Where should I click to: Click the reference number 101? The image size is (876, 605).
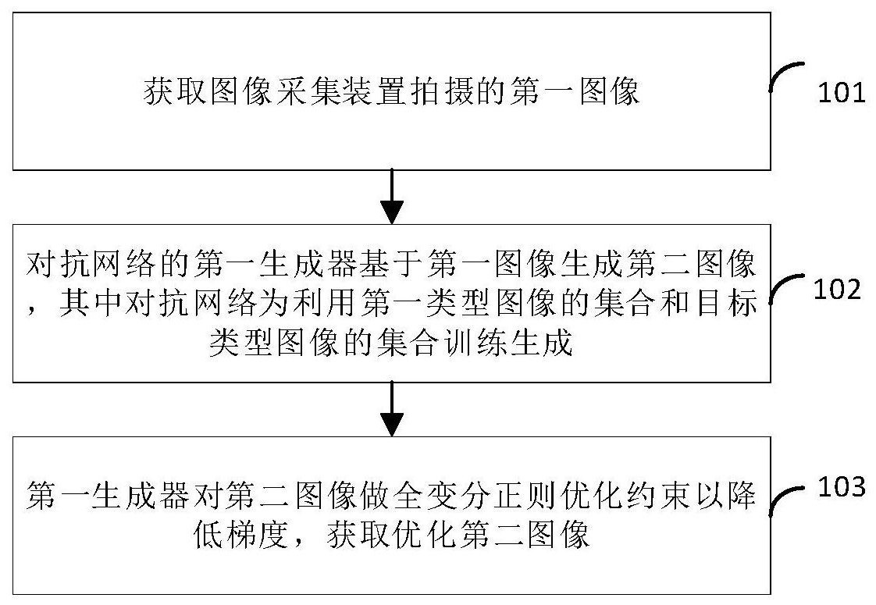tap(842, 92)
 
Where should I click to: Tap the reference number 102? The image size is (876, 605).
tap(837, 290)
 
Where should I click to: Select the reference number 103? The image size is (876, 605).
tap(842, 486)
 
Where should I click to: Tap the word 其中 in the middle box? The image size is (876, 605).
tap(88, 302)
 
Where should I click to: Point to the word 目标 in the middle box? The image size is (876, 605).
tap(726, 302)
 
